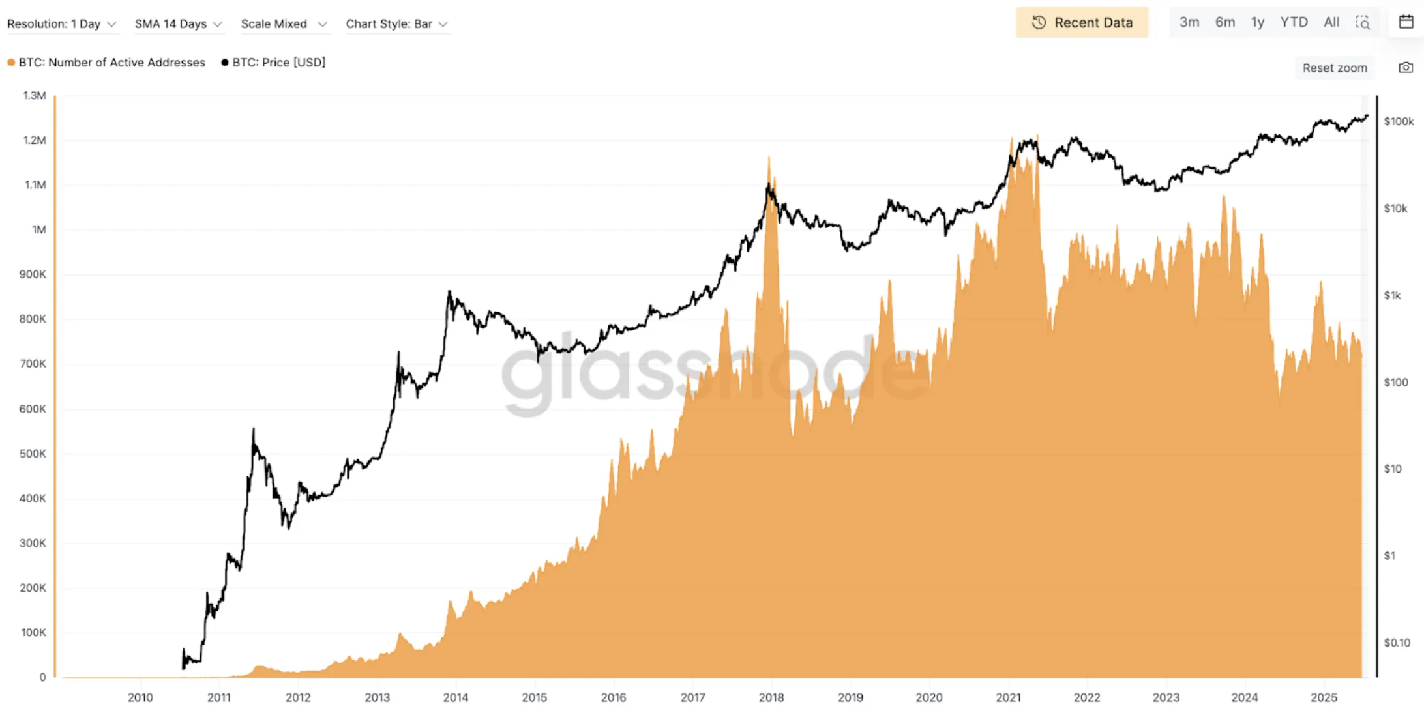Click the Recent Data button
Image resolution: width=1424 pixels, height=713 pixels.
click(x=1082, y=23)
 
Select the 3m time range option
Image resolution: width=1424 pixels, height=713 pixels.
click(x=1189, y=23)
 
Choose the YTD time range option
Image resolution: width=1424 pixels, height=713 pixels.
click(x=1294, y=23)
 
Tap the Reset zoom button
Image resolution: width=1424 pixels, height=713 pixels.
click(x=1335, y=68)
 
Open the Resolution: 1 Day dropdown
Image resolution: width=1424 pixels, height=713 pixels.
click(x=61, y=24)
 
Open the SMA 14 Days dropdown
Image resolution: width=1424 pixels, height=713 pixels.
click(x=178, y=24)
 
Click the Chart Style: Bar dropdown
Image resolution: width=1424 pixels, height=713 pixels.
click(x=396, y=24)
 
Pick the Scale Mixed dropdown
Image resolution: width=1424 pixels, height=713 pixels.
click(x=284, y=24)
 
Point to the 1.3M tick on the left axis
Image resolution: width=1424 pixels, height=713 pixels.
click(x=35, y=96)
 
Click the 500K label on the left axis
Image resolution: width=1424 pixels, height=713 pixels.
click(x=33, y=454)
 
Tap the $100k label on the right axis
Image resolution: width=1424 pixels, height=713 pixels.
click(x=1399, y=121)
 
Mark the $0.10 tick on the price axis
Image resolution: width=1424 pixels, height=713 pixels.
click(x=1397, y=643)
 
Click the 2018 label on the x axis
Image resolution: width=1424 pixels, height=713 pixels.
click(x=771, y=697)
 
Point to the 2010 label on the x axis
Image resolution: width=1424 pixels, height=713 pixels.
click(x=140, y=697)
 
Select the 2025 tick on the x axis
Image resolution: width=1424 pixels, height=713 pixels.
click(x=1324, y=697)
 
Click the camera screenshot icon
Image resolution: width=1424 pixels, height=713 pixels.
click(x=1406, y=68)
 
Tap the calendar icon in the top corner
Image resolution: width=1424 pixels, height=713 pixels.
click(x=1406, y=22)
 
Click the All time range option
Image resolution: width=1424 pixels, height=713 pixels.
click(x=1331, y=23)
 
